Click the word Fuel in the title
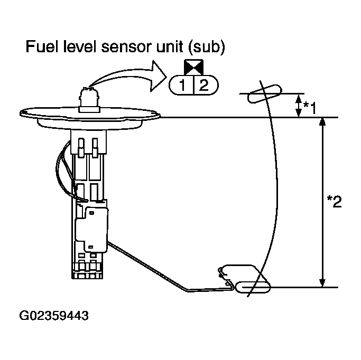(41, 49)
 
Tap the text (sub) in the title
(208, 49)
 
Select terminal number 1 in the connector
(181, 84)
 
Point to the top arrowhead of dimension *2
(322, 121)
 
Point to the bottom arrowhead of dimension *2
(322, 283)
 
